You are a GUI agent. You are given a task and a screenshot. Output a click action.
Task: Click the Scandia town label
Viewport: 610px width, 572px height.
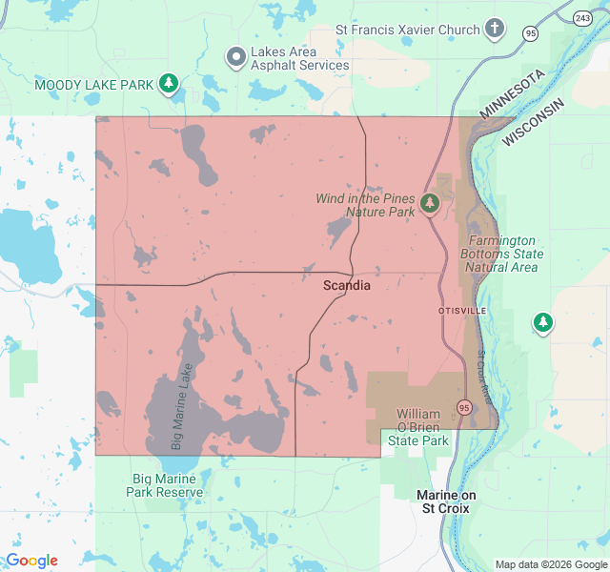pos(347,285)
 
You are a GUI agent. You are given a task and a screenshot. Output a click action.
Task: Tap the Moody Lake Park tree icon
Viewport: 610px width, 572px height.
pos(169,84)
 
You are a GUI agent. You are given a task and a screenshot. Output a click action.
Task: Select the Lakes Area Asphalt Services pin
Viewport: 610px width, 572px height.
pos(236,58)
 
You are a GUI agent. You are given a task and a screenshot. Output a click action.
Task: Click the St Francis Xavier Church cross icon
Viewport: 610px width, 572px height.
pos(494,29)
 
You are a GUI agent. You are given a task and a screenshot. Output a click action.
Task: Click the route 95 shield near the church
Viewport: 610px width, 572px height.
pos(530,33)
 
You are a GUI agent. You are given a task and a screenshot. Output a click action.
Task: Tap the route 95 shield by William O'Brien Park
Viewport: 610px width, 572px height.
pos(464,407)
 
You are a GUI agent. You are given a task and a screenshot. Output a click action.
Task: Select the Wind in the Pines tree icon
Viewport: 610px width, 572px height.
pos(430,203)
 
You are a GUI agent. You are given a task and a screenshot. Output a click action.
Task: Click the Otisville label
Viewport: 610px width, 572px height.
pos(462,311)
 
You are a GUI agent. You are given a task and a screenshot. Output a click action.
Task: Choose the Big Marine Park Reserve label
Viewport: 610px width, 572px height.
pos(165,485)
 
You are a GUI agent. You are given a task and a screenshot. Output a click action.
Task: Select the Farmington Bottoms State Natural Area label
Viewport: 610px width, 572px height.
pos(502,255)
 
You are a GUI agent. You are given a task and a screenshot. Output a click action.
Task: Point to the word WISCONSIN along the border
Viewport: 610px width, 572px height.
pos(534,121)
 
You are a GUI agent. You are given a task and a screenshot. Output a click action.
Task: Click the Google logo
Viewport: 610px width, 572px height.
pos(31,561)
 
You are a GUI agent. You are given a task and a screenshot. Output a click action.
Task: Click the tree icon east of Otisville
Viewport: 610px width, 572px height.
pos(543,322)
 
